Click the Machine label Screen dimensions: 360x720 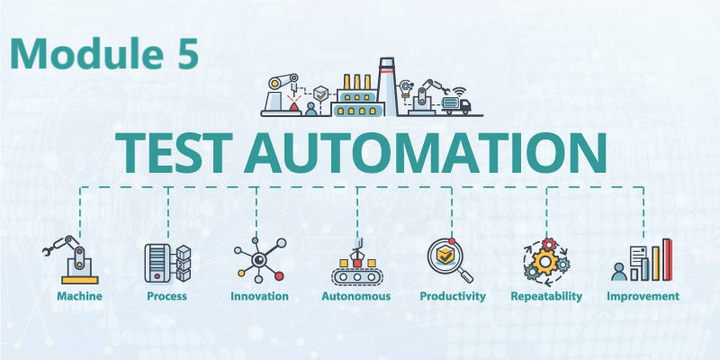tap(79, 296)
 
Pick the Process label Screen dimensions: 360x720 tap(167, 296)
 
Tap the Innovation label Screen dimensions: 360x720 tap(259, 296)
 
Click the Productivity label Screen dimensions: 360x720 tap(453, 296)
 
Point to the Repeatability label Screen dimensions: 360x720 tap(546, 296)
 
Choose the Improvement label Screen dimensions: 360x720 tap(643, 296)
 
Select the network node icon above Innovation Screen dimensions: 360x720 tap(259, 260)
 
